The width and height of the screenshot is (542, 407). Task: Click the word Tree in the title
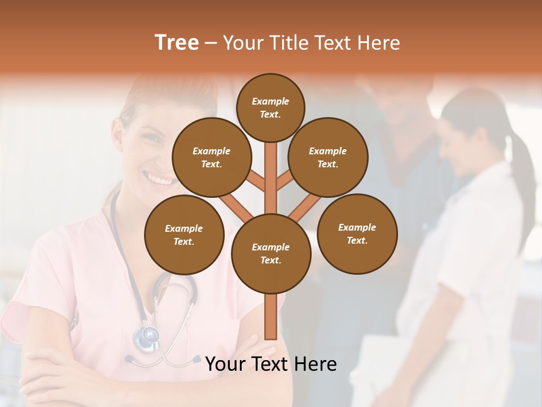point(177,42)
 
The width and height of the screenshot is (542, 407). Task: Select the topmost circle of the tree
point(270,107)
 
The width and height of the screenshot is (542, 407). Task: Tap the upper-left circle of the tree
point(212,157)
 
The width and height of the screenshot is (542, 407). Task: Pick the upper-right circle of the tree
point(328,157)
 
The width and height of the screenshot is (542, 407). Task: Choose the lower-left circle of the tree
point(184,235)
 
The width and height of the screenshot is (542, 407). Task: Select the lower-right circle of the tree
point(357,233)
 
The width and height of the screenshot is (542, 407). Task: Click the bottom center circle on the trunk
point(271,253)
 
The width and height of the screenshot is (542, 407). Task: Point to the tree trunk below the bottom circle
point(271,317)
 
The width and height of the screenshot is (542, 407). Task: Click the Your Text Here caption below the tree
point(271,364)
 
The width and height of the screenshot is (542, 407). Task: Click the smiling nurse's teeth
point(155,178)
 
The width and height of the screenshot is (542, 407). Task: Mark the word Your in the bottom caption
point(225,364)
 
